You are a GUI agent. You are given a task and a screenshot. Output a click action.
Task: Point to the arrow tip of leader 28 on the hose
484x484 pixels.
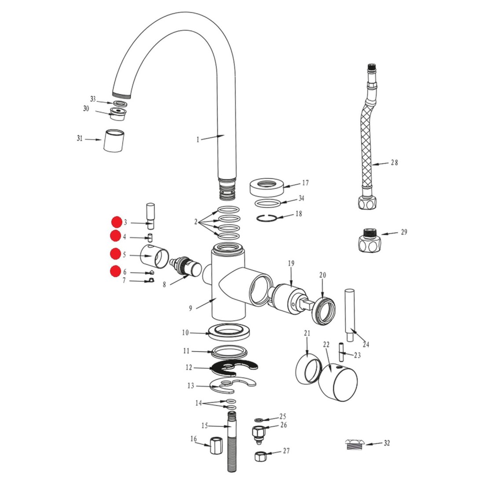tap(372, 165)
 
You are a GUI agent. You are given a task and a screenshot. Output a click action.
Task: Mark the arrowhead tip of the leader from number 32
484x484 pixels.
tap(366, 444)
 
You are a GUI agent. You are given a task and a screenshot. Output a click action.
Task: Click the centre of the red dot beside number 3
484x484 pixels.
tap(117, 222)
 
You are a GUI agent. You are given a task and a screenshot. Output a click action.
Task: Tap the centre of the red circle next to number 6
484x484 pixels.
tap(115, 271)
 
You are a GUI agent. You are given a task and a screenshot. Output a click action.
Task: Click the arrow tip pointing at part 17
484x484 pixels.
tap(283, 187)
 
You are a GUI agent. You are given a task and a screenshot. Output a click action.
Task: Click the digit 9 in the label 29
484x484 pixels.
tap(406, 232)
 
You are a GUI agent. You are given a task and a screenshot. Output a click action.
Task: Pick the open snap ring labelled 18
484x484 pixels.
tap(266, 218)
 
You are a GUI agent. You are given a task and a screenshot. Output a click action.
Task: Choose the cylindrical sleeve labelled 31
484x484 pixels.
tap(114, 141)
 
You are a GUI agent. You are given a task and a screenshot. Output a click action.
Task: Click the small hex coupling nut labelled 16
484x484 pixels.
tap(216, 445)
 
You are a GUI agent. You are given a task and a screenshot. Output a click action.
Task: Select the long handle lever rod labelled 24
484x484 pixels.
tap(349, 315)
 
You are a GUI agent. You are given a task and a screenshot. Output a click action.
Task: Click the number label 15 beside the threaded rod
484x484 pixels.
tap(205, 425)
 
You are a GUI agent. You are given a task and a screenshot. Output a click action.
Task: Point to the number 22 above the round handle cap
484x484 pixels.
tap(326, 345)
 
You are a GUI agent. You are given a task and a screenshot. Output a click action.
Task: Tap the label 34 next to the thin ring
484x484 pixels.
tap(301, 198)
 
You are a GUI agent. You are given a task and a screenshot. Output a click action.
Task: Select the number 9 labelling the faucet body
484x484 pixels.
tap(191, 308)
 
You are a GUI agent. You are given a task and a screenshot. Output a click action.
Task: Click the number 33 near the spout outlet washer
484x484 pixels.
tap(93, 99)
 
